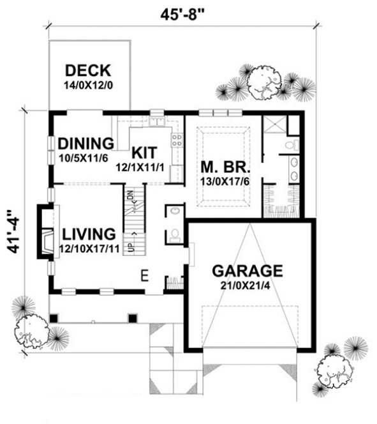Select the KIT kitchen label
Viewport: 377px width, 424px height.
[144, 153]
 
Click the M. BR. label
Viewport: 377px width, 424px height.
[223, 167]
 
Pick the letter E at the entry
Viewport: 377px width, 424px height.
[145, 276]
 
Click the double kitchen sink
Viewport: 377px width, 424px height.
[157, 121]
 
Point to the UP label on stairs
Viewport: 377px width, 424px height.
[131, 246]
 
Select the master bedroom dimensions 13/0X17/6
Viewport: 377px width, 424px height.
[223, 181]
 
